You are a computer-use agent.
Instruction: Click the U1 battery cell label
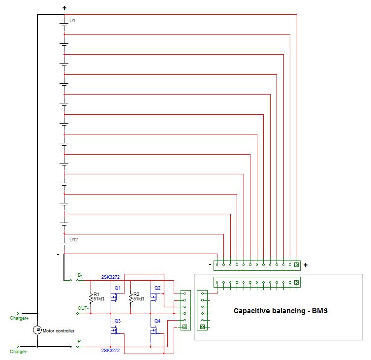point(72,21)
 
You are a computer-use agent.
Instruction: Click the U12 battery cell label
point(73,240)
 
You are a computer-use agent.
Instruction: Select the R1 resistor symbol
point(91,297)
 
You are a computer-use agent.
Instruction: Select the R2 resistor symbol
point(130,297)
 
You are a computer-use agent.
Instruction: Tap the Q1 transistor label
point(117,288)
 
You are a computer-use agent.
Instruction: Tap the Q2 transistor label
point(157,288)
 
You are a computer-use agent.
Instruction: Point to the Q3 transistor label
point(117,321)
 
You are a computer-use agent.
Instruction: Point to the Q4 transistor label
point(157,321)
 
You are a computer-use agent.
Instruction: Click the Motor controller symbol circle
point(37,330)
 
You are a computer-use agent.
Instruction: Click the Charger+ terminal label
point(19,318)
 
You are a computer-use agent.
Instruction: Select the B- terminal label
point(80,275)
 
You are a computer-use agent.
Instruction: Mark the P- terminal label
point(80,341)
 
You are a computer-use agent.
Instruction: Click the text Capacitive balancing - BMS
point(280,311)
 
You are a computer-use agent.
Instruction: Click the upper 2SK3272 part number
point(110,277)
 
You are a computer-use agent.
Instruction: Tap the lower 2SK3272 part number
point(110,350)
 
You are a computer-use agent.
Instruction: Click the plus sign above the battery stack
point(64,8)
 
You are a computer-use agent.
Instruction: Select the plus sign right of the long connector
point(306,265)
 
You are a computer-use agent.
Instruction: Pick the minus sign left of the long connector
point(210,264)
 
